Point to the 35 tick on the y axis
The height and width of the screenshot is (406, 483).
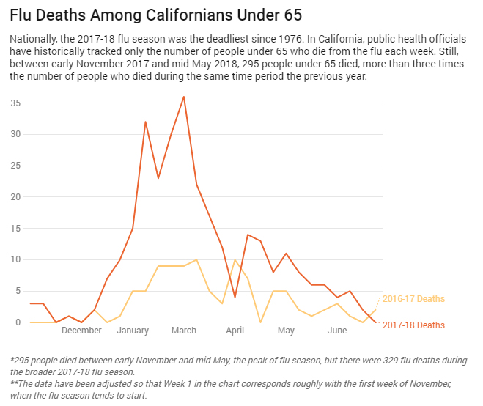tap(15, 103)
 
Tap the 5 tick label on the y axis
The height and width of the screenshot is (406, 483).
tap(18, 291)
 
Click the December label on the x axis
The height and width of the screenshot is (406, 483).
tap(81, 331)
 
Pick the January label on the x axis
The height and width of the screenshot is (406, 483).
tap(133, 331)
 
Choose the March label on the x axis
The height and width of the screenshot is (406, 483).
tap(184, 331)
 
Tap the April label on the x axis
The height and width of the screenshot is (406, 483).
tap(235, 331)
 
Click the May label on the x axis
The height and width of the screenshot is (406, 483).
tap(286, 331)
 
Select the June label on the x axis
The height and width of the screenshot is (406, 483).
tap(337, 331)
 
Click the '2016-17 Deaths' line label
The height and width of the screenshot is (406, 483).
tap(413, 299)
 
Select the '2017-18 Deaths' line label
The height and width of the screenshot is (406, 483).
tap(413, 325)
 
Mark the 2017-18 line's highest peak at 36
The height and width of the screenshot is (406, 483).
tap(184, 97)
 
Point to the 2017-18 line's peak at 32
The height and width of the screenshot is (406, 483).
tap(145, 122)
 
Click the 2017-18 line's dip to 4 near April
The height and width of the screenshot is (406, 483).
tap(235, 297)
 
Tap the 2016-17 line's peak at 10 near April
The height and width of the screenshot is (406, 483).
tap(235, 260)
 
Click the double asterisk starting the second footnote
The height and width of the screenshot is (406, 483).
tap(14, 384)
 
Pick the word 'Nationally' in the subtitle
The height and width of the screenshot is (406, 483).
tap(32, 37)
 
